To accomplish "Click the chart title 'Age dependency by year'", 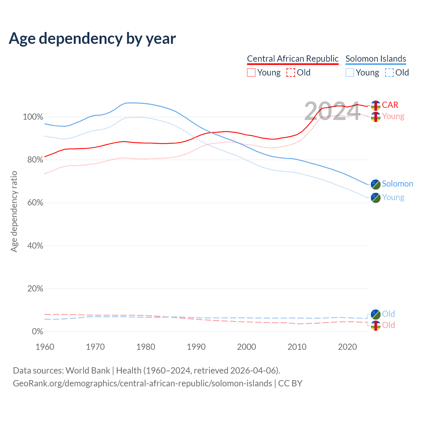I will [x=92, y=39].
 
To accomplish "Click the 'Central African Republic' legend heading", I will [x=292, y=59].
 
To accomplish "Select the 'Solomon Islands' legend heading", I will [x=376, y=59].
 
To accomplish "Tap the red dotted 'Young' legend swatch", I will [x=251, y=73].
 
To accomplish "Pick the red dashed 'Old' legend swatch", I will [x=291, y=73].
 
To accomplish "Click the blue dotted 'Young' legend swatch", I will [x=350, y=73].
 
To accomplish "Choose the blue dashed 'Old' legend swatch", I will [x=389, y=73].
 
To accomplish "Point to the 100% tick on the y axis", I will [x=33, y=117].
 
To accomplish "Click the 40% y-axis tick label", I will [x=35, y=246].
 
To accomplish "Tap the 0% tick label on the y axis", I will [x=37, y=331].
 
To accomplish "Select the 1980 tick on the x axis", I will [x=146, y=347].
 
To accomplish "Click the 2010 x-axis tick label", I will [x=297, y=347].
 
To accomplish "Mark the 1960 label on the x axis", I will [x=45, y=347].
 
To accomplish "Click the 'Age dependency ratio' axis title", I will [x=14, y=211].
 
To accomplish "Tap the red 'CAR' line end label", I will [x=390, y=105].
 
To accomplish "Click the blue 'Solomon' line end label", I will [x=397, y=184].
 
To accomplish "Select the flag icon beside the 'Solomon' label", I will [x=376, y=184].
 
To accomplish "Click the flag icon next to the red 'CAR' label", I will [x=376, y=105].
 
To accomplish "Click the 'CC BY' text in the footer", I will [x=290, y=383].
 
